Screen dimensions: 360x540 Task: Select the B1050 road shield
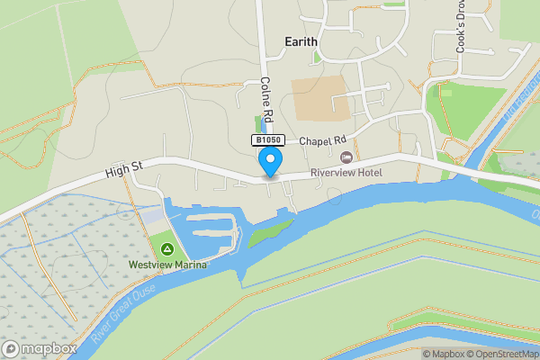[x=268, y=140]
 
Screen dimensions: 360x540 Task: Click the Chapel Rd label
[x=322, y=141]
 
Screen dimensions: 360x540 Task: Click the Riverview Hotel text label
[x=346, y=173]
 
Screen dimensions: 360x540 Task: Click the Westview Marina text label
[x=167, y=265]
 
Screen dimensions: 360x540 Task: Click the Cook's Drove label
[x=460, y=32]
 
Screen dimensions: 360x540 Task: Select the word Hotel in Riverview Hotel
[x=369, y=173]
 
